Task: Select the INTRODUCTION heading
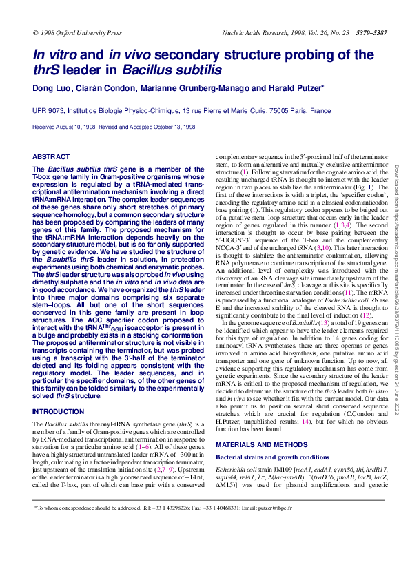point(59,411)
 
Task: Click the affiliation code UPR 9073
point(48,110)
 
